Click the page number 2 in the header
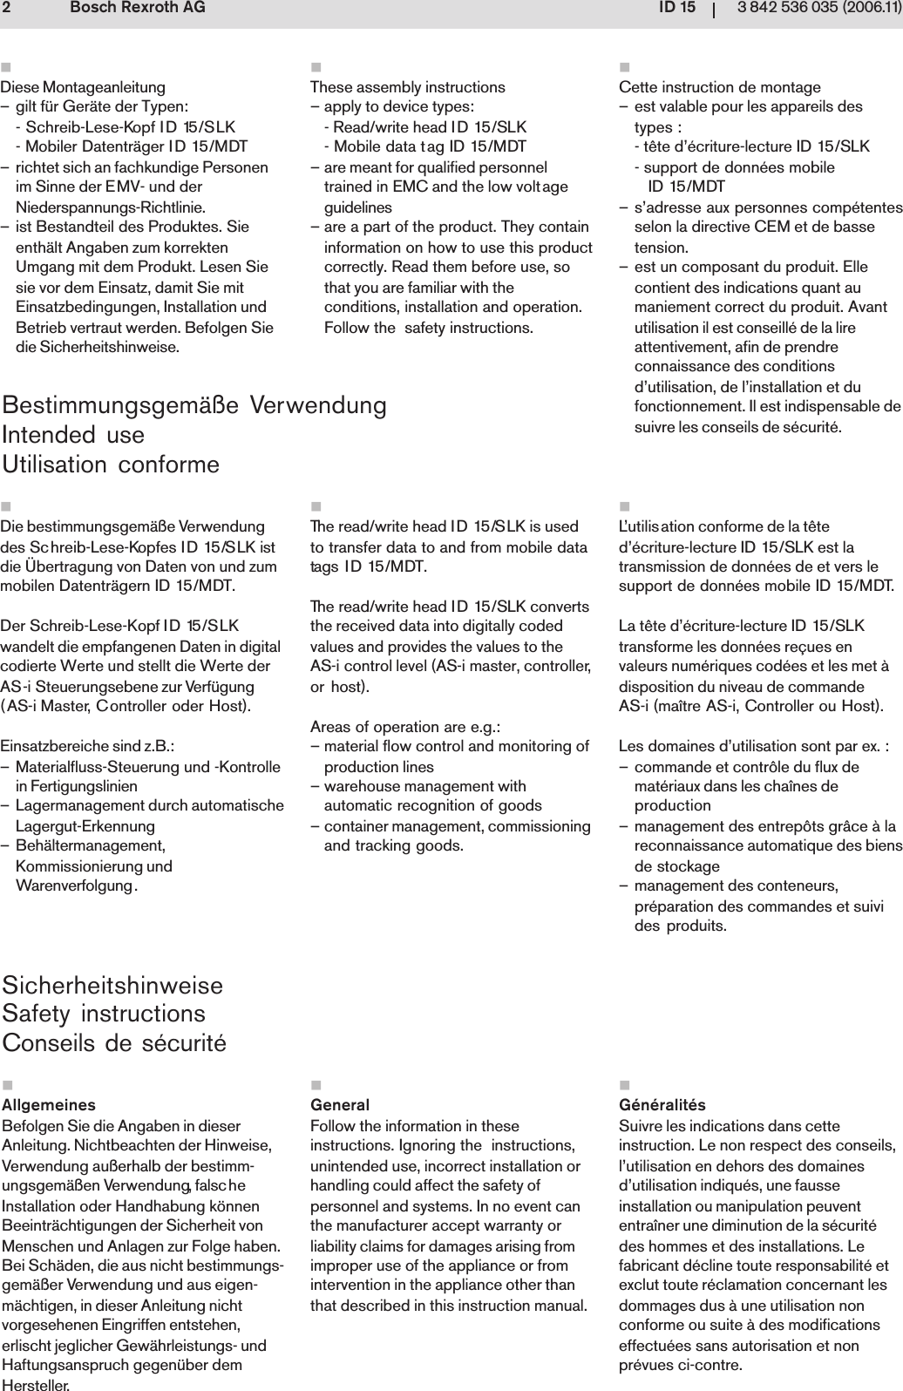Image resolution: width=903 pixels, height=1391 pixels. coord(6,9)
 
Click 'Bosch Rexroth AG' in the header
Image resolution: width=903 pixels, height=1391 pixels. coord(137,9)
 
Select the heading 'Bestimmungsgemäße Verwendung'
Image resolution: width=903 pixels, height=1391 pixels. coord(195,405)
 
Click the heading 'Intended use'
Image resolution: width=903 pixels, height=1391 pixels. coord(74,434)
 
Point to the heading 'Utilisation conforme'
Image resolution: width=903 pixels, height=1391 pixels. coord(112,464)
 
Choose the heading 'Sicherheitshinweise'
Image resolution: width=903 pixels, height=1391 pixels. coord(113,986)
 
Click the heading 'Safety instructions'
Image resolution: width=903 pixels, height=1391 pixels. coord(105,1014)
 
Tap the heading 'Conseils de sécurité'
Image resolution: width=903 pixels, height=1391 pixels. coord(114,1042)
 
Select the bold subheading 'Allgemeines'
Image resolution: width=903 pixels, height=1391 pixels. coord(50,1106)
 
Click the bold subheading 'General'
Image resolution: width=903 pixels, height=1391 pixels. coord(340,1106)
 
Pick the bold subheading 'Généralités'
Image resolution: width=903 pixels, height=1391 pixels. coord(662,1106)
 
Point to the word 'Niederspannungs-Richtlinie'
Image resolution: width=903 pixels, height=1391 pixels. coord(98,207)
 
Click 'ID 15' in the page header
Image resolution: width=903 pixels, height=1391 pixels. coord(676,9)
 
